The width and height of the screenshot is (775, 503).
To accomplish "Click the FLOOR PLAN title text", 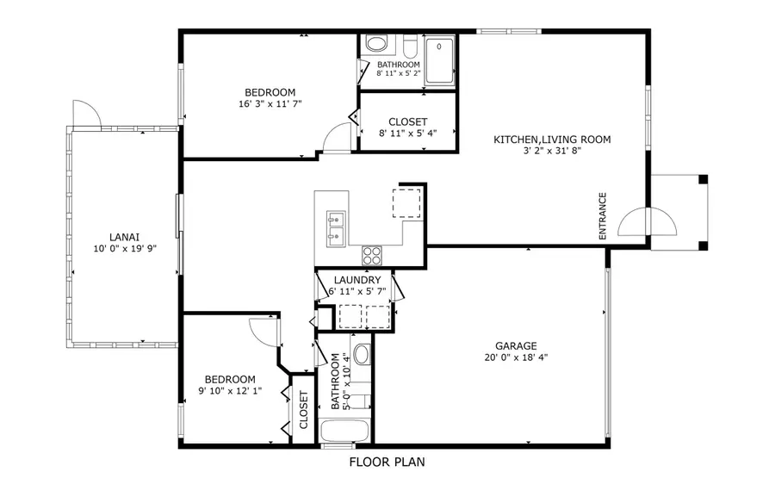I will (x=387, y=463).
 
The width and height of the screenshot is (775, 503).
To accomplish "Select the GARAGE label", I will (x=517, y=346).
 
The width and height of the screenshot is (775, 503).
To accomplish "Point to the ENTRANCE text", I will (x=603, y=215).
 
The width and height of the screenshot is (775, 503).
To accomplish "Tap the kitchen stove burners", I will (x=372, y=255).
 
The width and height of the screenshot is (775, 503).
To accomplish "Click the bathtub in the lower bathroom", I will (x=344, y=431).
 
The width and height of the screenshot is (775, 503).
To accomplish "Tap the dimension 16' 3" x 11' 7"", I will (x=270, y=104).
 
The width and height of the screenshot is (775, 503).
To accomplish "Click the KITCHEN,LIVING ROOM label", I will (x=552, y=140).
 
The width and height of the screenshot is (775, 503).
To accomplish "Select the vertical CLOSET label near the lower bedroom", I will (x=303, y=411).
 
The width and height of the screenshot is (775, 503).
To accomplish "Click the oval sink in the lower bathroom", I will (x=362, y=355).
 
